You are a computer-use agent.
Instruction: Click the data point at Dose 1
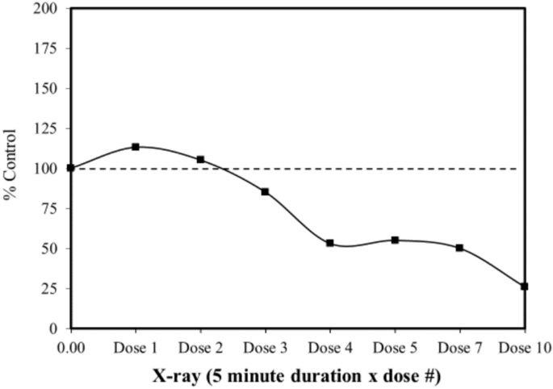coord(136,147)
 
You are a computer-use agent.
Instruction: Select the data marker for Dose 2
coord(200,160)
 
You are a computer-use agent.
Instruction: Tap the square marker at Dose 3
coord(265,192)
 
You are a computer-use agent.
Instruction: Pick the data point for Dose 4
coord(330,243)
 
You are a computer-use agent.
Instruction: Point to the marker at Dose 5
coord(395,240)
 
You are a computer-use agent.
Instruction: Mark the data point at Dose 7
coord(459,248)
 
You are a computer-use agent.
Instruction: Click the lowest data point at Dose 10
coord(525,287)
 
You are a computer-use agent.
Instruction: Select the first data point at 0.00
coord(71,168)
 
